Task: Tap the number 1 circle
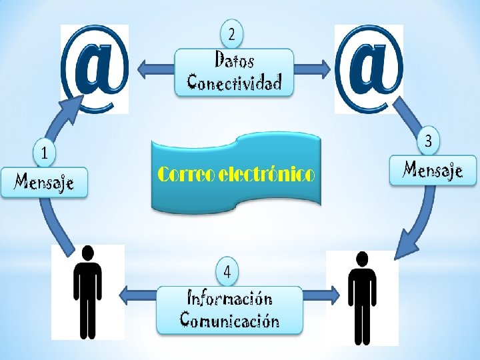[44, 153]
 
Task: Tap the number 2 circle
[231, 33]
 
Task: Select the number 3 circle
[429, 141]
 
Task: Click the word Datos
[234, 61]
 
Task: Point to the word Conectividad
[234, 82]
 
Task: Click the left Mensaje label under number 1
[44, 181]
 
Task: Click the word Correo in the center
[187, 175]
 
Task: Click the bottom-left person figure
[87, 293]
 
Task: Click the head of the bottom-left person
[87, 253]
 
